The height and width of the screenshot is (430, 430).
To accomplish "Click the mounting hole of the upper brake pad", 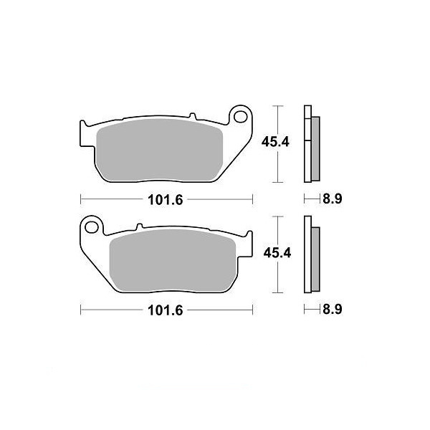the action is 241,117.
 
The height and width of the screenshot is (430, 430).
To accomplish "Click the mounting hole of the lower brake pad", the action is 92,227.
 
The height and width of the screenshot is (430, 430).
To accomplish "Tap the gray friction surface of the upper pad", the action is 160,150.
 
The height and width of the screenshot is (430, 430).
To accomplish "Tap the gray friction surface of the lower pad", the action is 172,261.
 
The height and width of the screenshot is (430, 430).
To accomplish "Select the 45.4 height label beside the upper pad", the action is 275,142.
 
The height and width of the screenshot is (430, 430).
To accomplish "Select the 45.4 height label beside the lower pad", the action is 277,253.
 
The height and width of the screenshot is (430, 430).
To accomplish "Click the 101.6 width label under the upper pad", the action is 165,200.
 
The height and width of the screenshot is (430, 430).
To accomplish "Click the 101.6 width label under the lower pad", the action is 165,310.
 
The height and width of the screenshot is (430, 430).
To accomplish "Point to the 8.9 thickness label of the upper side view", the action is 332,199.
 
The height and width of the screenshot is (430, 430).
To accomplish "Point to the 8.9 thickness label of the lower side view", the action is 332,310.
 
